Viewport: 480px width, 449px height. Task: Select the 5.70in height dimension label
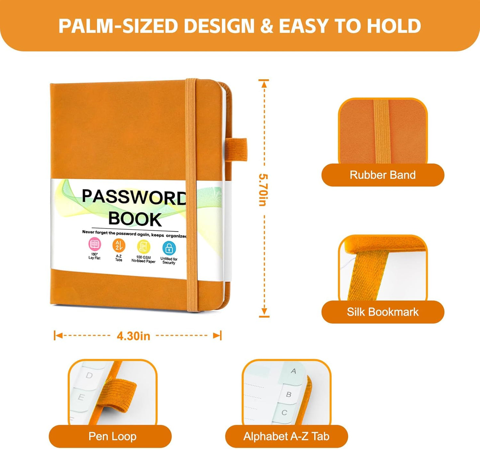click(x=263, y=190)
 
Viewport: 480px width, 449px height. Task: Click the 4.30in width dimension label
click(x=134, y=336)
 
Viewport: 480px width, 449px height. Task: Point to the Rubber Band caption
click(x=383, y=175)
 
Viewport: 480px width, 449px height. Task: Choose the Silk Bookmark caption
click(x=383, y=312)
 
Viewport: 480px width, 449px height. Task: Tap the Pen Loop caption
click(x=112, y=436)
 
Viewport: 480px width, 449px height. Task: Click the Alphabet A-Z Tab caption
click(x=286, y=436)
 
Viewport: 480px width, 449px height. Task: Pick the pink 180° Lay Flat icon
click(x=94, y=244)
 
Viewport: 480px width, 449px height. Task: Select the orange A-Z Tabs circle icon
click(x=119, y=245)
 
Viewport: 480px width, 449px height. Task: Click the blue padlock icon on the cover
click(x=169, y=248)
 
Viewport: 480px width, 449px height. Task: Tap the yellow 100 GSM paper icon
click(x=144, y=247)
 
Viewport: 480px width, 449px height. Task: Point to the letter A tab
click(x=293, y=371)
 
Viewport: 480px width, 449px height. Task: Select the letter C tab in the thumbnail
click(x=284, y=412)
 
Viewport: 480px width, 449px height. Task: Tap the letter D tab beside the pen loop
click(x=89, y=375)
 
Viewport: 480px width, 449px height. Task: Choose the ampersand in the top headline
click(x=267, y=26)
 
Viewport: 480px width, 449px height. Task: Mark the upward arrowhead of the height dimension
click(x=264, y=84)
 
